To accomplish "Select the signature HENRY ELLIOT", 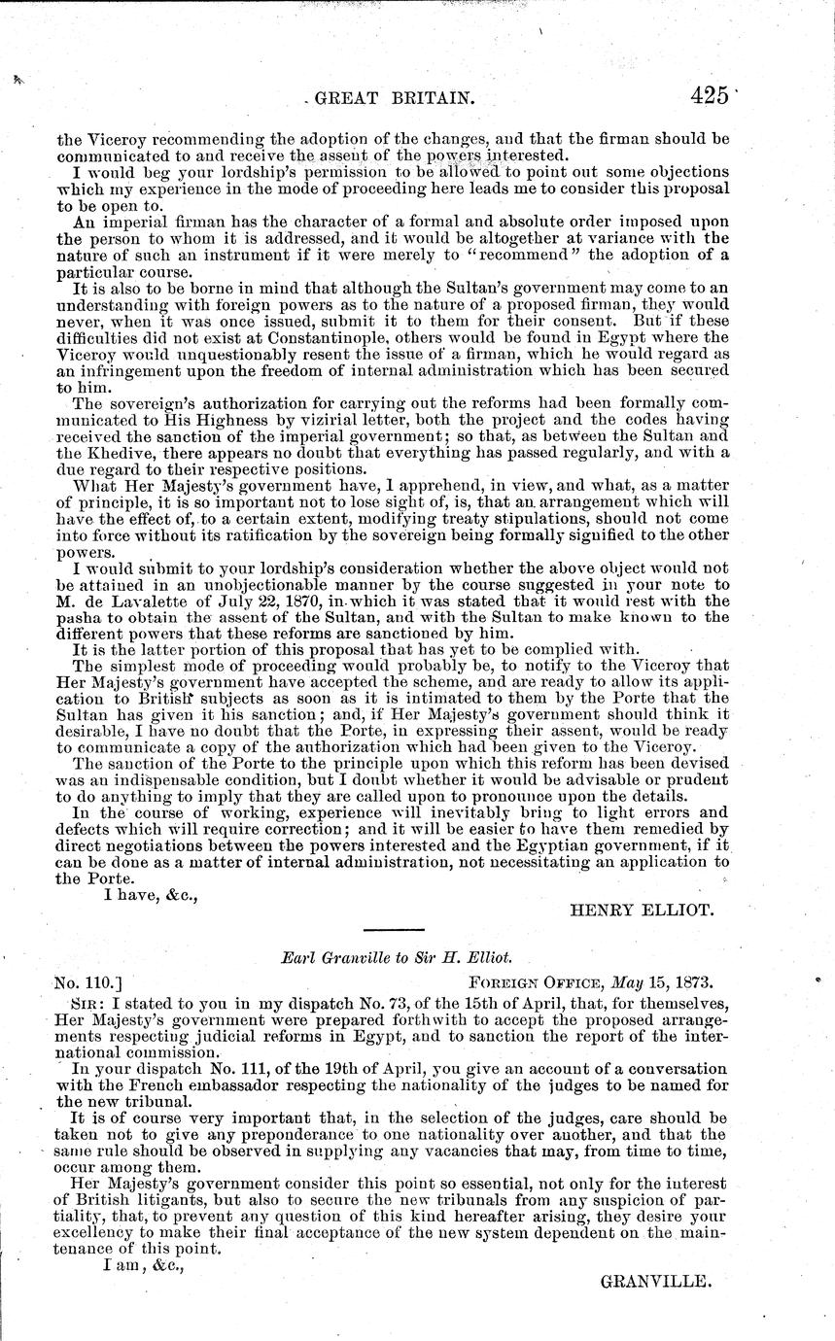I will point(642,911).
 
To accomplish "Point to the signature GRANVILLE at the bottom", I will point(658,1282).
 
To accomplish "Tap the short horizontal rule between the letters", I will point(392,933).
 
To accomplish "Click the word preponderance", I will point(254,1134).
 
